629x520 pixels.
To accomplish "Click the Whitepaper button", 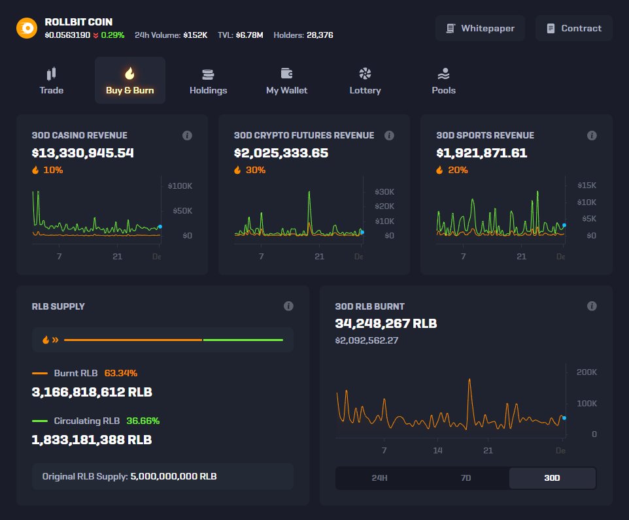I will point(481,28).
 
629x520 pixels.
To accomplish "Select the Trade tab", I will point(52,81).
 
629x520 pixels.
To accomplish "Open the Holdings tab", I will point(208,81).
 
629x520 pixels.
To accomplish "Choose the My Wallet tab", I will point(286,81).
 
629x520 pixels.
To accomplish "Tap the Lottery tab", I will point(365,81).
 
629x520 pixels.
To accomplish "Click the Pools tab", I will point(443,81).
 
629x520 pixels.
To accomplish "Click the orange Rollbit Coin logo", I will point(27,28).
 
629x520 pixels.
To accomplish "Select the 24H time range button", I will point(379,478).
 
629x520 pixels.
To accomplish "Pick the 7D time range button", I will point(466,478).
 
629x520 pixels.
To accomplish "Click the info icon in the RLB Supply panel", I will point(288,306).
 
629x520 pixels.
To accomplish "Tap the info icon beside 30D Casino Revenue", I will point(187,135).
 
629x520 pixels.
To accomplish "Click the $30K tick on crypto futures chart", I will point(384,192).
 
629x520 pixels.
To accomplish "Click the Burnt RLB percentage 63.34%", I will point(121,373).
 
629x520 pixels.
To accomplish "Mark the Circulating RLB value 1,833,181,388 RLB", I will point(92,440).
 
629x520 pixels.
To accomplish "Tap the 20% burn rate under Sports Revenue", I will point(458,170).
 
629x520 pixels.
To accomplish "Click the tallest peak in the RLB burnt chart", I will point(469,380).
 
